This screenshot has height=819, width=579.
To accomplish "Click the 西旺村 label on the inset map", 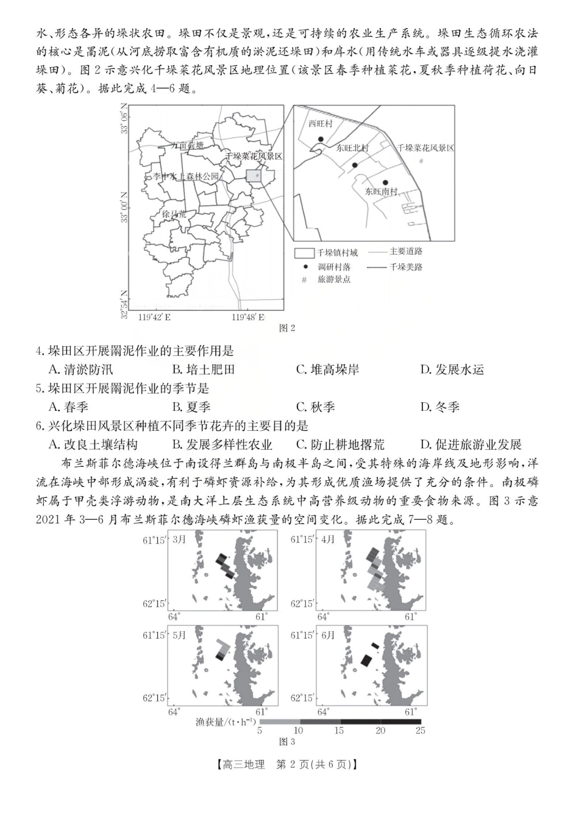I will click(320, 124).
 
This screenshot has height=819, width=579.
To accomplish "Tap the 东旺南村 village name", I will click(381, 191).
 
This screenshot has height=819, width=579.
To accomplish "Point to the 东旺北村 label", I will click(352, 148).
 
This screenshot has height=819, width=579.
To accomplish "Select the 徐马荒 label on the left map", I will click(174, 214).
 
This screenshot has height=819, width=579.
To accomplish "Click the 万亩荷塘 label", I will click(187, 146).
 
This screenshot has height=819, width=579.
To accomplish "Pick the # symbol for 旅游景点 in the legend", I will click(304, 280).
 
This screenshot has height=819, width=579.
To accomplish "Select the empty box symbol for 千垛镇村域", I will click(304, 253).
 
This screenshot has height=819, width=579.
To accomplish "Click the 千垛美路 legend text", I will click(406, 267).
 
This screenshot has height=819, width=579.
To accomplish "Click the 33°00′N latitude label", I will click(125, 207).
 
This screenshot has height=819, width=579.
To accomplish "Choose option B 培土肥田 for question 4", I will click(203, 369).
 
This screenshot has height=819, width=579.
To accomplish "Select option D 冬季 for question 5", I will click(440, 407).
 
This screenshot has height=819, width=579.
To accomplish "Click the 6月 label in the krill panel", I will click(328, 635).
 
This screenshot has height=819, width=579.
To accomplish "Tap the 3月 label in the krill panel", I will click(179, 539).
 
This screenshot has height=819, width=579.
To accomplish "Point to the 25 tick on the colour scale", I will click(420, 730).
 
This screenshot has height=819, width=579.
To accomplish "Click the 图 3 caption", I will click(286, 742).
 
